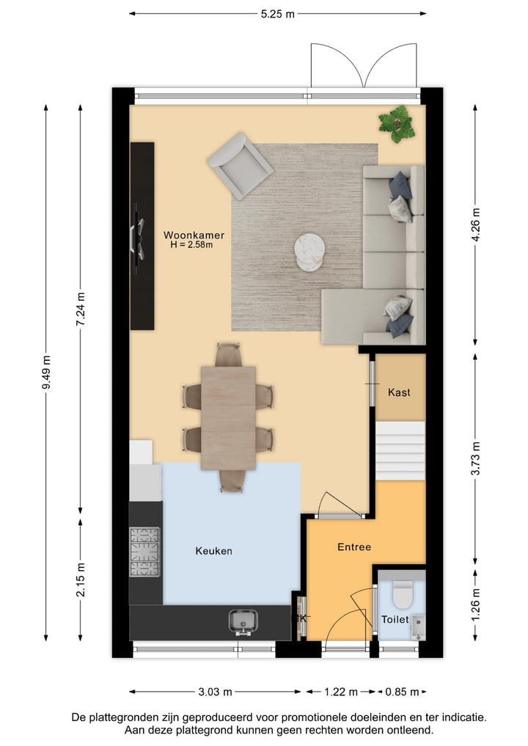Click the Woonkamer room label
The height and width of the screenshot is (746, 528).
(x=194, y=235)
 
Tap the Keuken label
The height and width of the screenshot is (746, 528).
(x=213, y=550)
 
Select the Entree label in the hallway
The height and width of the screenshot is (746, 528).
(x=354, y=546)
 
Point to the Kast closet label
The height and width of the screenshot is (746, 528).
(x=400, y=392)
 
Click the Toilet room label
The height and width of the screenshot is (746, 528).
(x=395, y=620)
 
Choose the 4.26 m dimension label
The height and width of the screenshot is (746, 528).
(x=477, y=225)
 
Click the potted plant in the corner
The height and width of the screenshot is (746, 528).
(x=396, y=122)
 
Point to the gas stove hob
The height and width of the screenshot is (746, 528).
(x=144, y=552)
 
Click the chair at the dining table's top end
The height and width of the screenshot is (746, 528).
(x=228, y=354)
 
